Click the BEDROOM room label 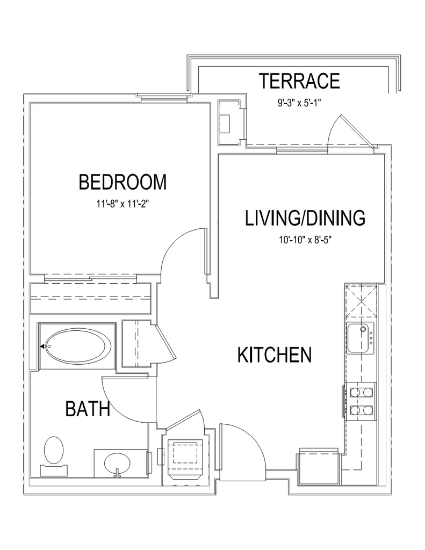pyautogui.click(x=123, y=182)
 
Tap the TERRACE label pyautogui.click(x=299, y=81)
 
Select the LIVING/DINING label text pyautogui.click(x=305, y=218)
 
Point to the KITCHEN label pyautogui.click(x=275, y=354)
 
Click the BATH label pyautogui.click(x=88, y=409)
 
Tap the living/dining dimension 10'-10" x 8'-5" pyautogui.click(x=305, y=240)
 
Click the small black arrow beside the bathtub pyautogui.click(x=42, y=346)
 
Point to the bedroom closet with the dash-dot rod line pyautogui.click(x=91, y=298)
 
